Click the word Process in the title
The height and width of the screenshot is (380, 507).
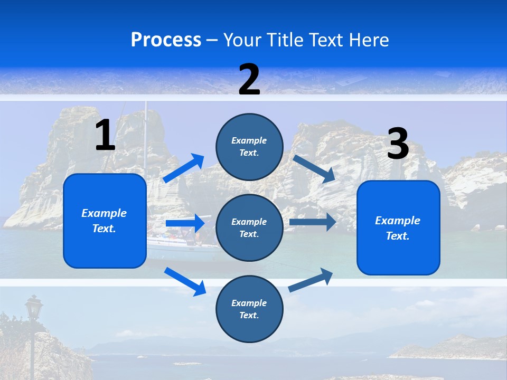166,40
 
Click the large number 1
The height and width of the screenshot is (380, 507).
105,136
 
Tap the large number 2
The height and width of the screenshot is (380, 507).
249,80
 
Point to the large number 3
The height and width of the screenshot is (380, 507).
398,144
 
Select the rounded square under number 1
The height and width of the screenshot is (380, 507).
105,221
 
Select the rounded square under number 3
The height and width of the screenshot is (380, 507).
398,227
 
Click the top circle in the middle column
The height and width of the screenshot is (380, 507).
249,147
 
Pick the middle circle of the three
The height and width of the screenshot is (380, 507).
249,227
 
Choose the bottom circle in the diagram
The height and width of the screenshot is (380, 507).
249,309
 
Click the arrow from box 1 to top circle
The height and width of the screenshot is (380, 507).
184,168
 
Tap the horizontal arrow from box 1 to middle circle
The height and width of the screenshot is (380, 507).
185,223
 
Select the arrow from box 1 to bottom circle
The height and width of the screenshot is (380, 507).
185,281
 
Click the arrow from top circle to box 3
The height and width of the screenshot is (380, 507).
315,168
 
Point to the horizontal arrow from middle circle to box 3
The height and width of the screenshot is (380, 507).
313,222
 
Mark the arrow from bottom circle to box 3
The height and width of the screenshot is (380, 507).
311,280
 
